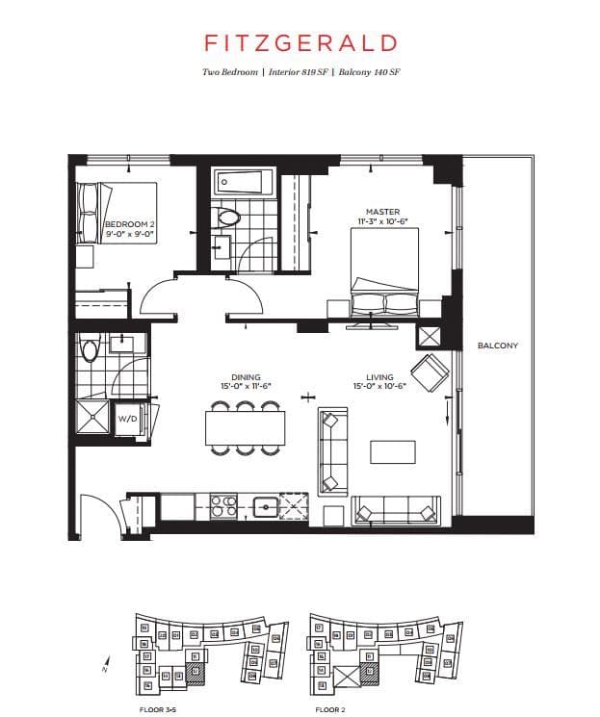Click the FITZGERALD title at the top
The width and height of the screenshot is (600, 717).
[300, 42]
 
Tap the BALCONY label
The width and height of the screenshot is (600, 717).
[497, 346]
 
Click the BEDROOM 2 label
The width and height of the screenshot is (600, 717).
[128, 228]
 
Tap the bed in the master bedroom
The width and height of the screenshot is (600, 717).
[383, 275]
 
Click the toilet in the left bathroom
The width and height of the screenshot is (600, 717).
[91, 348]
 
